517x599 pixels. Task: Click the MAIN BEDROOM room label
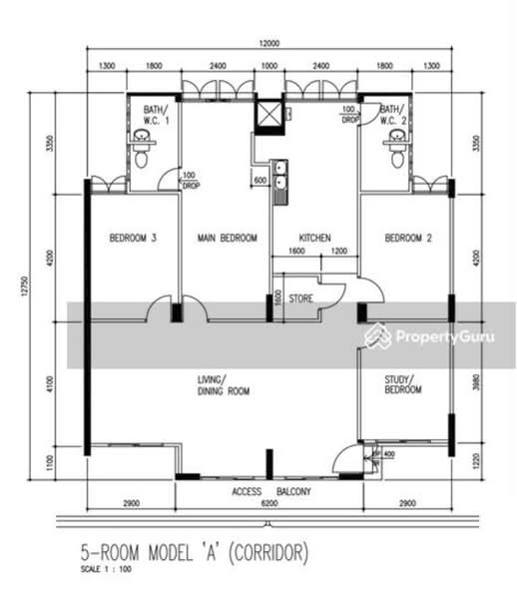coord(227,238)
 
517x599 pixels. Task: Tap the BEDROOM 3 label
coord(132,238)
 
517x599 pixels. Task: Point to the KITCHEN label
coord(315,238)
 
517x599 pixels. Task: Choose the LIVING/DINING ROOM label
coord(222,385)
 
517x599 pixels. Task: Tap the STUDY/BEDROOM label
coord(403,385)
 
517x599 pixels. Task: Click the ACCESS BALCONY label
coord(270,492)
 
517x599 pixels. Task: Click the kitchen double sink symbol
coord(282,176)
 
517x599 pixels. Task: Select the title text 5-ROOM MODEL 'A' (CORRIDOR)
coord(195,551)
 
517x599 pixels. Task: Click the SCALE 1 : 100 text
coord(107,570)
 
